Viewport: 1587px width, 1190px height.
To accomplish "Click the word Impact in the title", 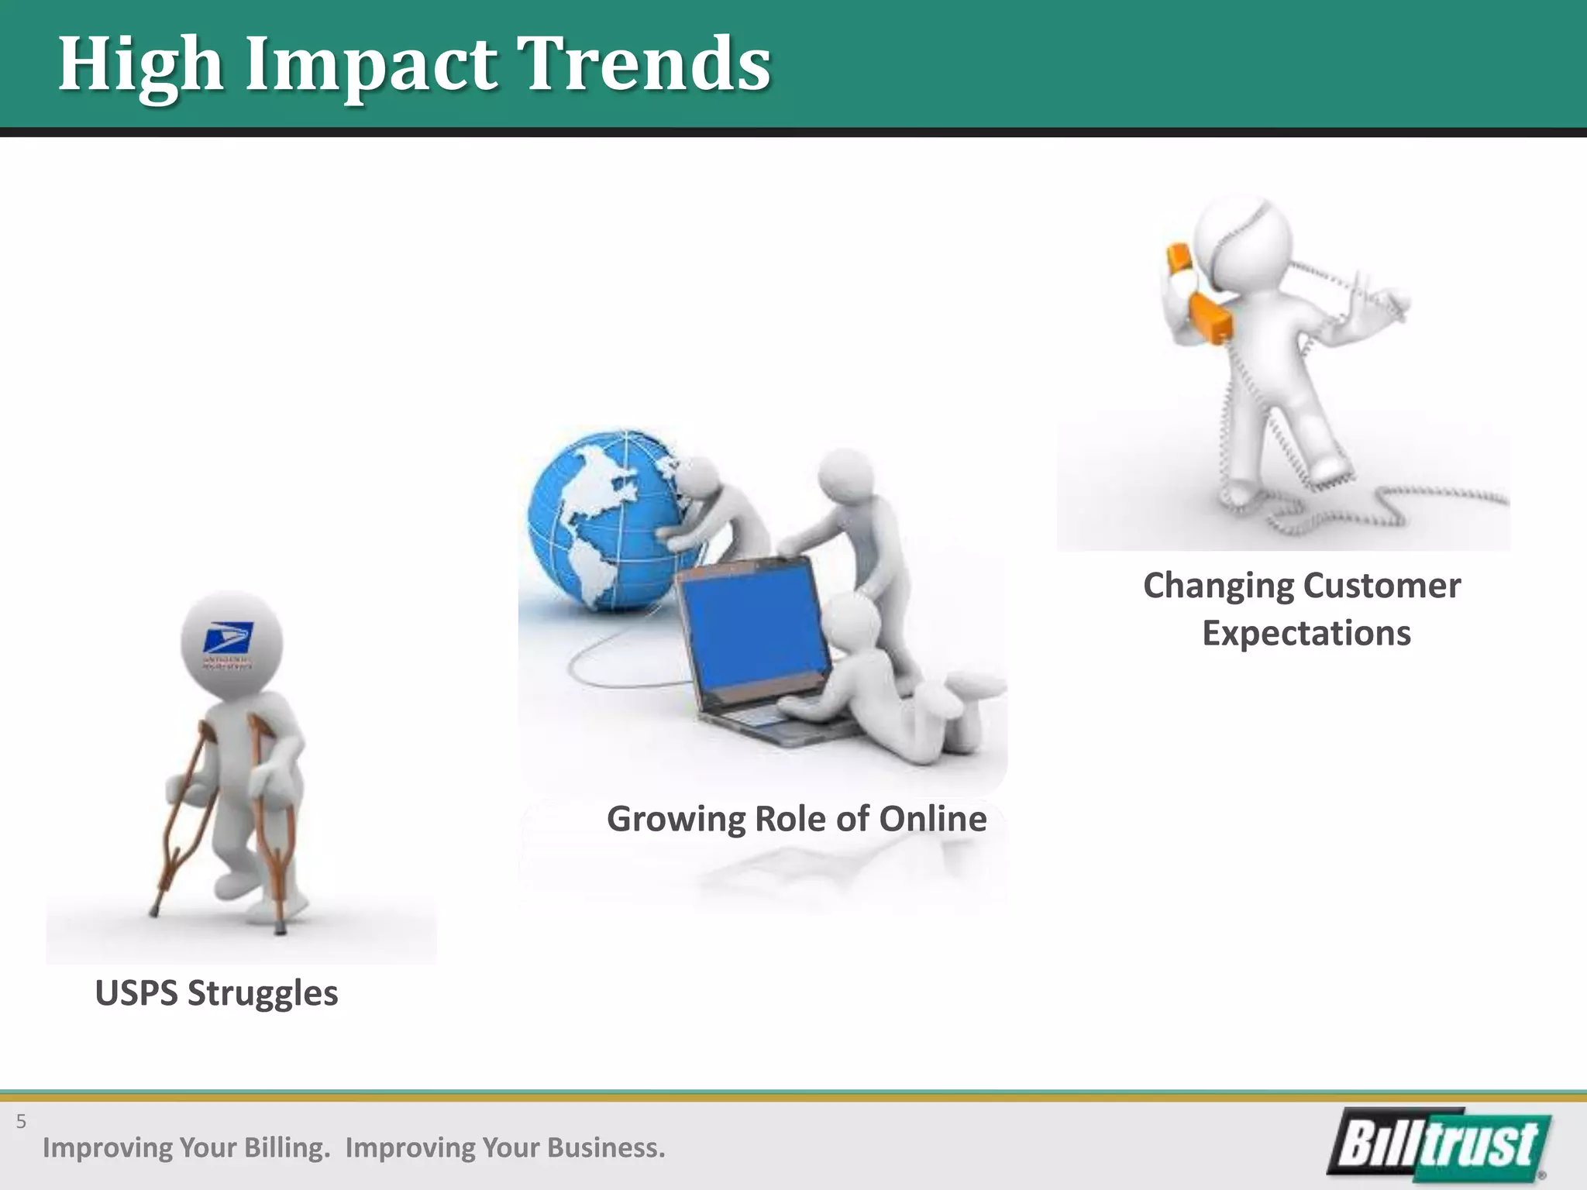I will [x=370, y=65].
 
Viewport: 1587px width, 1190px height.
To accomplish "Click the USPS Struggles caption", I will [x=216, y=993].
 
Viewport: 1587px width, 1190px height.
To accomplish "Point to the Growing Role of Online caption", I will [x=796, y=819].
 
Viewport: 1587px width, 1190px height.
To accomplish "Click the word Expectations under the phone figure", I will [x=1306, y=633].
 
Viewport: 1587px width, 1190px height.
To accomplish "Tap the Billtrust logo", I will [x=1439, y=1144].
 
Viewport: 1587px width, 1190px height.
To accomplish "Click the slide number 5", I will [x=21, y=1121].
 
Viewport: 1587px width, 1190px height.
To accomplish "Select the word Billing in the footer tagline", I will [x=286, y=1147].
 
